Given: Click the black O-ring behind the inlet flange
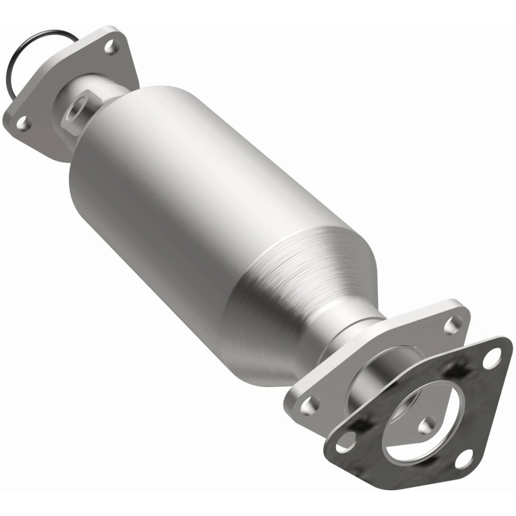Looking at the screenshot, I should (x=14, y=64).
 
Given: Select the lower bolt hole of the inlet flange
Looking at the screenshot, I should (x=23, y=120).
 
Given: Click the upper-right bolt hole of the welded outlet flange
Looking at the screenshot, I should (x=457, y=323).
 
